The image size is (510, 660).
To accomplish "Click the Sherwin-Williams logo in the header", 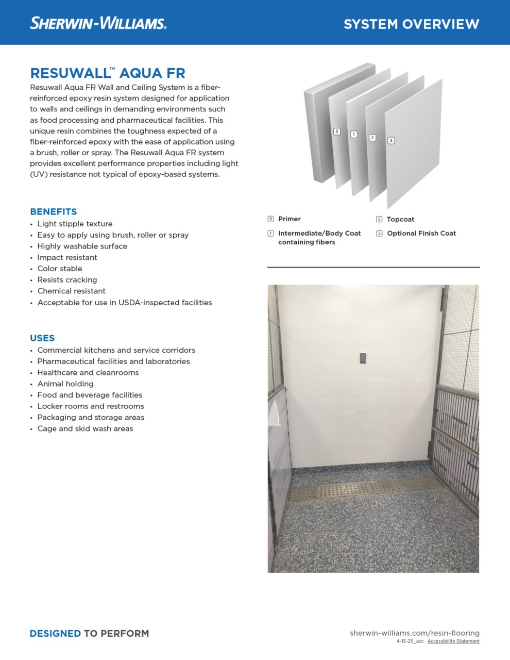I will click(x=98, y=23).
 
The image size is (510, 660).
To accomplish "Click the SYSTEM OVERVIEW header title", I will click(x=411, y=24).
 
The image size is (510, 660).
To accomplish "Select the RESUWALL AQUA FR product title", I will click(x=108, y=73).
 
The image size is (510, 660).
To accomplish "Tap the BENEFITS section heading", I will click(x=54, y=211).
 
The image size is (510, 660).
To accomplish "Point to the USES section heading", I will click(x=42, y=338).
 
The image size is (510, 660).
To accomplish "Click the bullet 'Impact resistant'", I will click(x=67, y=257).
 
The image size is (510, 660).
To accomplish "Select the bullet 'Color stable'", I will click(x=60, y=269).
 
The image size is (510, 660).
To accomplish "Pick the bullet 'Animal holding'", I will click(x=65, y=384).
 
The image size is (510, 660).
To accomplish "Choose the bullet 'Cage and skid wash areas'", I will click(x=85, y=428).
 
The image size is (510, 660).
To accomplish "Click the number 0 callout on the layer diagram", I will click(x=337, y=131).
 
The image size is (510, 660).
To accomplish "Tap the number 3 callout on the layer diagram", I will click(x=391, y=141).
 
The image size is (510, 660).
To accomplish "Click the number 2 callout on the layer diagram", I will click(x=372, y=138).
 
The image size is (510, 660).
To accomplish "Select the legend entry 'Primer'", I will click(x=289, y=219).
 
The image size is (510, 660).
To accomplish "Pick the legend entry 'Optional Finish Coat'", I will click(x=421, y=233).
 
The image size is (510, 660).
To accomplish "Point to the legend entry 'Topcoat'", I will click(x=400, y=219).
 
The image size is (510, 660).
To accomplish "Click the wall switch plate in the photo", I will click(x=363, y=358).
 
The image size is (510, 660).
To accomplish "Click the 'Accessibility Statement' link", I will click(x=453, y=641).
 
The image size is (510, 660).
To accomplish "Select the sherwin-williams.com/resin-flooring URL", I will click(x=415, y=633).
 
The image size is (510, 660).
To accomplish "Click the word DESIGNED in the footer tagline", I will click(x=55, y=633).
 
